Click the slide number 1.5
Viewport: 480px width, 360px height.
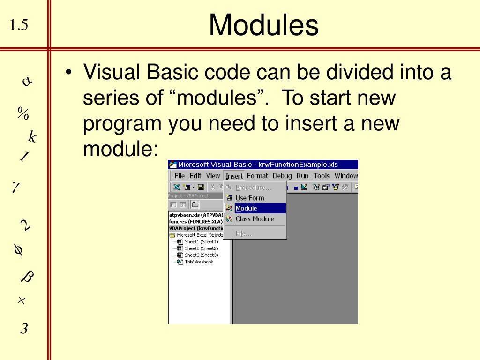tap(19, 25)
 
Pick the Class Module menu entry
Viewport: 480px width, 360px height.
tap(254, 219)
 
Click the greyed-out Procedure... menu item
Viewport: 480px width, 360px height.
tap(253, 187)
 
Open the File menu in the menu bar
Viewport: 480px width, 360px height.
tap(180, 176)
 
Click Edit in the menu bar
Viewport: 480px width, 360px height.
tap(195, 176)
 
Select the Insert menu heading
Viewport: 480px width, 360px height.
tap(234, 176)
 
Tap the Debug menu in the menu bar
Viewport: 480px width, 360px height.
tap(282, 176)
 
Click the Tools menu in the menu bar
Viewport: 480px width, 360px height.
tap(322, 176)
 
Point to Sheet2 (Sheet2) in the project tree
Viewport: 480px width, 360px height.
tap(201, 248)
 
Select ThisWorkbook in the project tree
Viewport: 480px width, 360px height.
tap(199, 262)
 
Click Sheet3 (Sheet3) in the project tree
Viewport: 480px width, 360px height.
tap(201, 255)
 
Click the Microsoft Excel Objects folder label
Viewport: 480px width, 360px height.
tap(196, 235)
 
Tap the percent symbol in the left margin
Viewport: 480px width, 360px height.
tap(23, 113)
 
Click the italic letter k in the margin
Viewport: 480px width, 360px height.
tap(32, 137)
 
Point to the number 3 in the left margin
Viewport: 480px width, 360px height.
tap(24, 329)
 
